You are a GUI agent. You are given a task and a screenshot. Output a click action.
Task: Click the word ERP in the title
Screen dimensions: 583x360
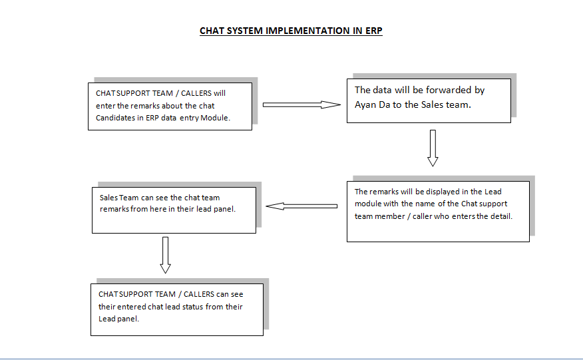coord(373,31)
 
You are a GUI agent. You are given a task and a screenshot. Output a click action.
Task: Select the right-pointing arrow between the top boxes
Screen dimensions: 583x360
coord(301,105)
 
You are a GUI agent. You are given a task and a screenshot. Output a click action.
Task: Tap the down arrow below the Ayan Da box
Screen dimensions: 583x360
coord(433,148)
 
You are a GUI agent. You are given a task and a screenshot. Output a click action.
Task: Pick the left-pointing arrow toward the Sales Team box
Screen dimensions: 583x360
coord(301,206)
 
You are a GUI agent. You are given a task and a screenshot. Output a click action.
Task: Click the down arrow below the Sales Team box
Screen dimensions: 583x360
coord(166,255)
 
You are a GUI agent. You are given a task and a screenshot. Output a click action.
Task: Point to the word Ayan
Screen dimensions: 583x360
coord(365,105)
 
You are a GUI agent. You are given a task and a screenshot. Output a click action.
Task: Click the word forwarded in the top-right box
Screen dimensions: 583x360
coord(449,90)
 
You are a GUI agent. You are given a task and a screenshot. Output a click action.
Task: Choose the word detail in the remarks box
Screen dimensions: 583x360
coord(502,216)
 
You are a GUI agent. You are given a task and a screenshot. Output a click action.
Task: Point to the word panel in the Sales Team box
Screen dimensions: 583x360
coord(225,209)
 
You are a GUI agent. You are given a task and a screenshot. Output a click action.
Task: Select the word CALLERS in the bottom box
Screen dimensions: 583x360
coord(198,294)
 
